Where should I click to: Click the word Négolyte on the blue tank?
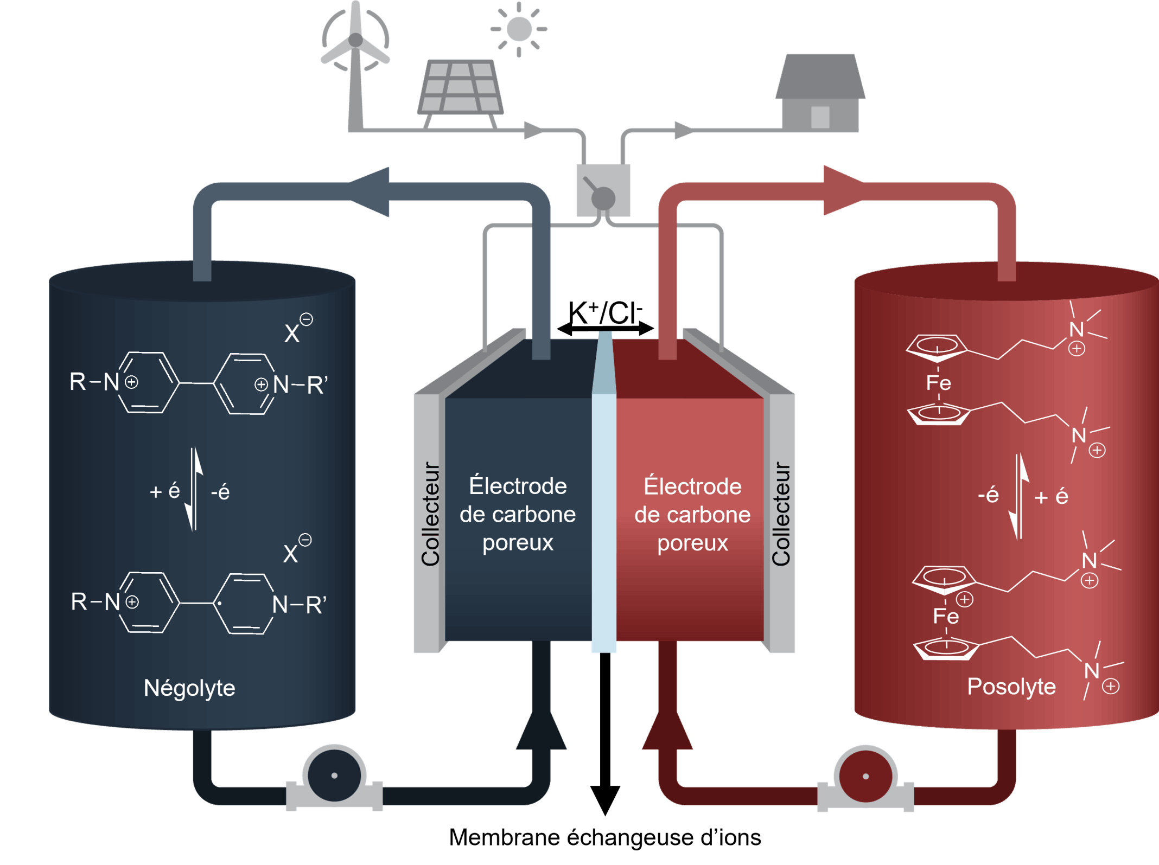click(x=189, y=688)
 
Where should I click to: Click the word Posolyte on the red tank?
click(x=1011, y=687)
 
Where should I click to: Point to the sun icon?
click(x=519, y=29)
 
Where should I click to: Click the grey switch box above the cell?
click(x=603, y=190)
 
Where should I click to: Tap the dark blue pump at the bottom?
click(x=334, y=776)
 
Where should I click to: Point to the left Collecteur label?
click(x=430, y=514)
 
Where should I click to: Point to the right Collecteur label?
click(x=781, y=514)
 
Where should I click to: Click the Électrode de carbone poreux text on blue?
click(x=518, y=514)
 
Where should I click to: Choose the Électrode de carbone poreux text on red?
click(x=692, y=515)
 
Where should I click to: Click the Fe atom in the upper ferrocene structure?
click(x=938, y=383)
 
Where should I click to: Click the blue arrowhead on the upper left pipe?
click(x=372, y=192)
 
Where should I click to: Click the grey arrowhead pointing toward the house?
click(x=683, y=130)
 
